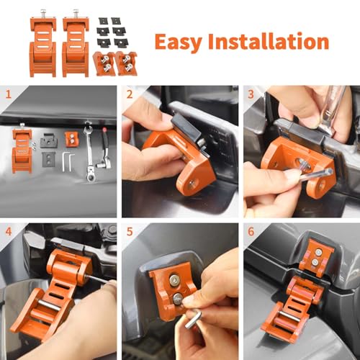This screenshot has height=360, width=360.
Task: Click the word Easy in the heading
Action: [178, 42]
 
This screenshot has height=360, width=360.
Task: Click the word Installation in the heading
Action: [269, 41]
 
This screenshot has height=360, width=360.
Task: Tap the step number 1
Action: [9, 94]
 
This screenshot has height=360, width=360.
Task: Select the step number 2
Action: [130, 94]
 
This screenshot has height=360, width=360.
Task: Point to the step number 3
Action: [251, 94]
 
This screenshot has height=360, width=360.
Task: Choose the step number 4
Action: [9, 232]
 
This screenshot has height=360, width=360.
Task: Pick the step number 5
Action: [130, 232]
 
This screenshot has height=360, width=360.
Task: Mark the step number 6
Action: [251, 232]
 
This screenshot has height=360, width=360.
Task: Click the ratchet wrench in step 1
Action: [89, 153]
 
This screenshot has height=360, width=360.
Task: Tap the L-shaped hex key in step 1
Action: [68, 162]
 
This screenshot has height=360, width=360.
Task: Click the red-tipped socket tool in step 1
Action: [104, 148]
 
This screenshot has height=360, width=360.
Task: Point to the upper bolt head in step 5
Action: [174, 279]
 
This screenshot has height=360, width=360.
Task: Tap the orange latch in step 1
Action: [22, 149]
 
